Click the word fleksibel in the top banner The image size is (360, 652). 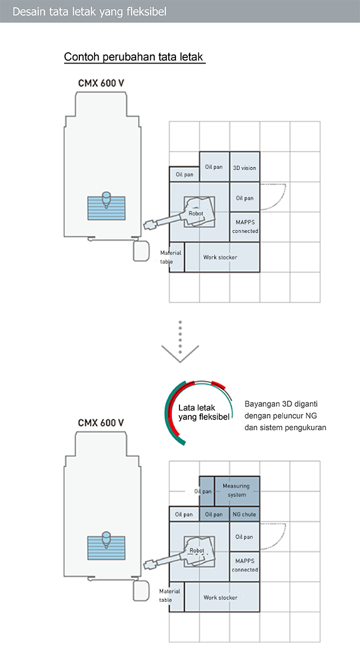click(x=143, y=12)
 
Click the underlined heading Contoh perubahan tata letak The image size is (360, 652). click(x=134, y=57)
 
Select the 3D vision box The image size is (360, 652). click(x=245, y=167)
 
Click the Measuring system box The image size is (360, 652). click(x=237, y=492)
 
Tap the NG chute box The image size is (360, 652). click(x=245, y=514)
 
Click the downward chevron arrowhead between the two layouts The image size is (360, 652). click(x=181, y=353)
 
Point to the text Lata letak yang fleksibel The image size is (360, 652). click(x=204, y=412)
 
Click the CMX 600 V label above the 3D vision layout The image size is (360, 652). click(x=101, y=83)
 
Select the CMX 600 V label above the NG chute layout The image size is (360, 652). click(x=101, y=423)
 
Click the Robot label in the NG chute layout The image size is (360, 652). click(x=197, y=551)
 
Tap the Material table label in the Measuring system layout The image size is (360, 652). click(x=170, y=595)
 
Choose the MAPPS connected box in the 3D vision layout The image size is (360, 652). click(x=245, y=227)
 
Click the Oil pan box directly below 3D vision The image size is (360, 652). click(x=245, y=197)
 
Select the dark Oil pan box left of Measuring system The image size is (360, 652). click(x=207, y=492)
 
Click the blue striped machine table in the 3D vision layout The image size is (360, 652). click(x=106, y=209)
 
